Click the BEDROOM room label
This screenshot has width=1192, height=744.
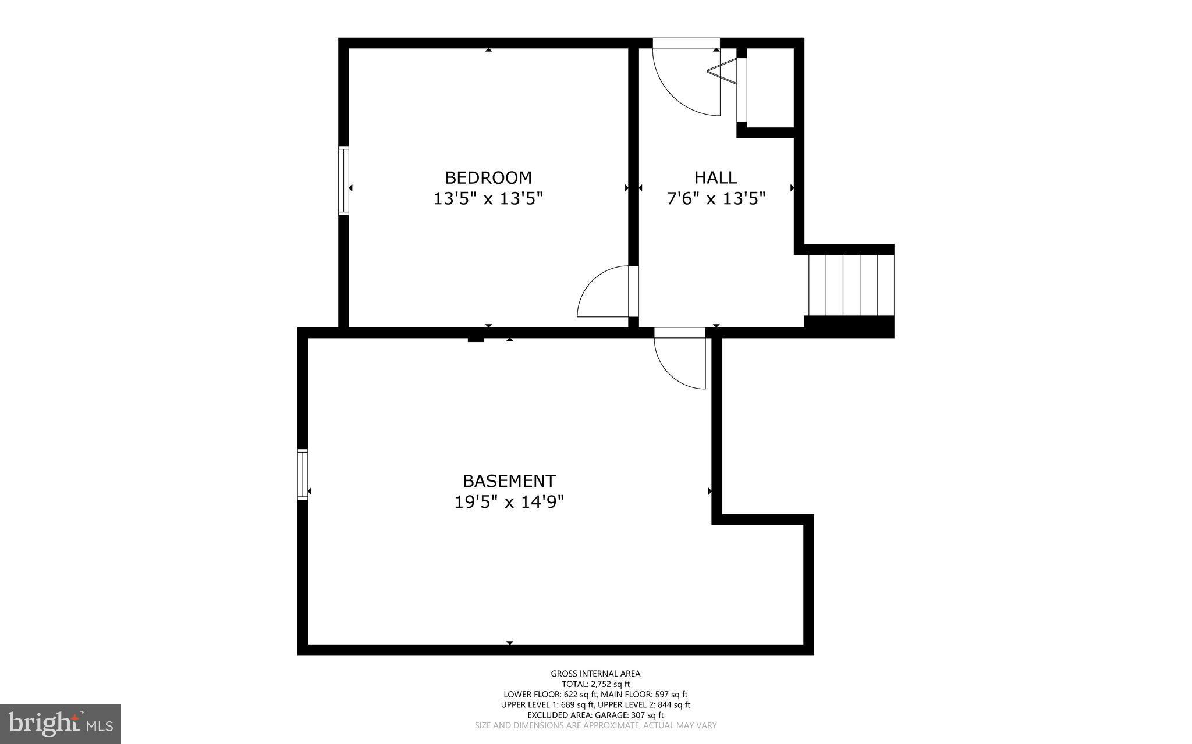point(488,177)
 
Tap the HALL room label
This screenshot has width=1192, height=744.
point(715,177)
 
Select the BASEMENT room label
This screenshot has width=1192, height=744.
point(509,481)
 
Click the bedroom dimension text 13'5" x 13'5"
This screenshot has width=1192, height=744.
point(488,199)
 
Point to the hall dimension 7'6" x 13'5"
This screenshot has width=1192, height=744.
point(715,199)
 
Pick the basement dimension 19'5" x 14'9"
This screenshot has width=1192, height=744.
point(509,501)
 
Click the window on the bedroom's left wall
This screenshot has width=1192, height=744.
point(343,181)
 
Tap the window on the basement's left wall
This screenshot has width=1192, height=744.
point(302,474)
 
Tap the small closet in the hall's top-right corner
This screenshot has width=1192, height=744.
point(770,87)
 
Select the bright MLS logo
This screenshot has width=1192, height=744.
point(61,724)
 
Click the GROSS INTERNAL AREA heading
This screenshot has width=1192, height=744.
point(595,674)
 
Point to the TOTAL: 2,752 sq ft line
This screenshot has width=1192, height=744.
point(595,684)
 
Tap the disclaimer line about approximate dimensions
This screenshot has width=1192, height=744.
point(595,725)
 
